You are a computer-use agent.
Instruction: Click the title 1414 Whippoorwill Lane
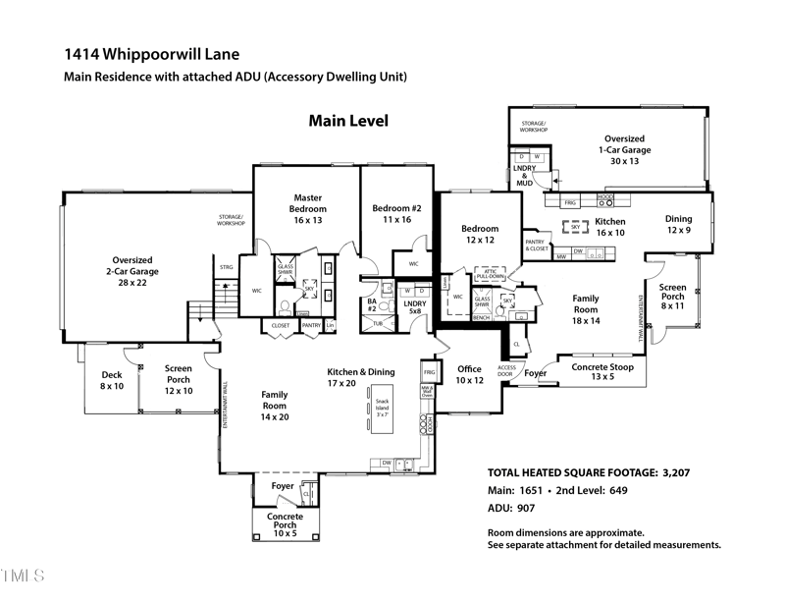[151, 54]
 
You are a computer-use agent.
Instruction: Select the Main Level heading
[348, 121]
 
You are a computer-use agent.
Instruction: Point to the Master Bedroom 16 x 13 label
[306, 208]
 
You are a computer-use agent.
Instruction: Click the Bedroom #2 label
[396, 213]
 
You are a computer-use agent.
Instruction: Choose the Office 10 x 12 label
[470, 374]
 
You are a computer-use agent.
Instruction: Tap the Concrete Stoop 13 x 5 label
[602, 371]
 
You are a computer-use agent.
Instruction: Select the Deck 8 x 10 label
[112, 380]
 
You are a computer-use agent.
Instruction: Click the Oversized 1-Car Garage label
[624, 149]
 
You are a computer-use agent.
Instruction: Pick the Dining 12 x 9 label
[678, 225]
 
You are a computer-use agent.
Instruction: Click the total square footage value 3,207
[668, 472]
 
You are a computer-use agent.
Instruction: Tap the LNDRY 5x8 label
[414, 308]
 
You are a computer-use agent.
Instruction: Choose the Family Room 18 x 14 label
[586, 309]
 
